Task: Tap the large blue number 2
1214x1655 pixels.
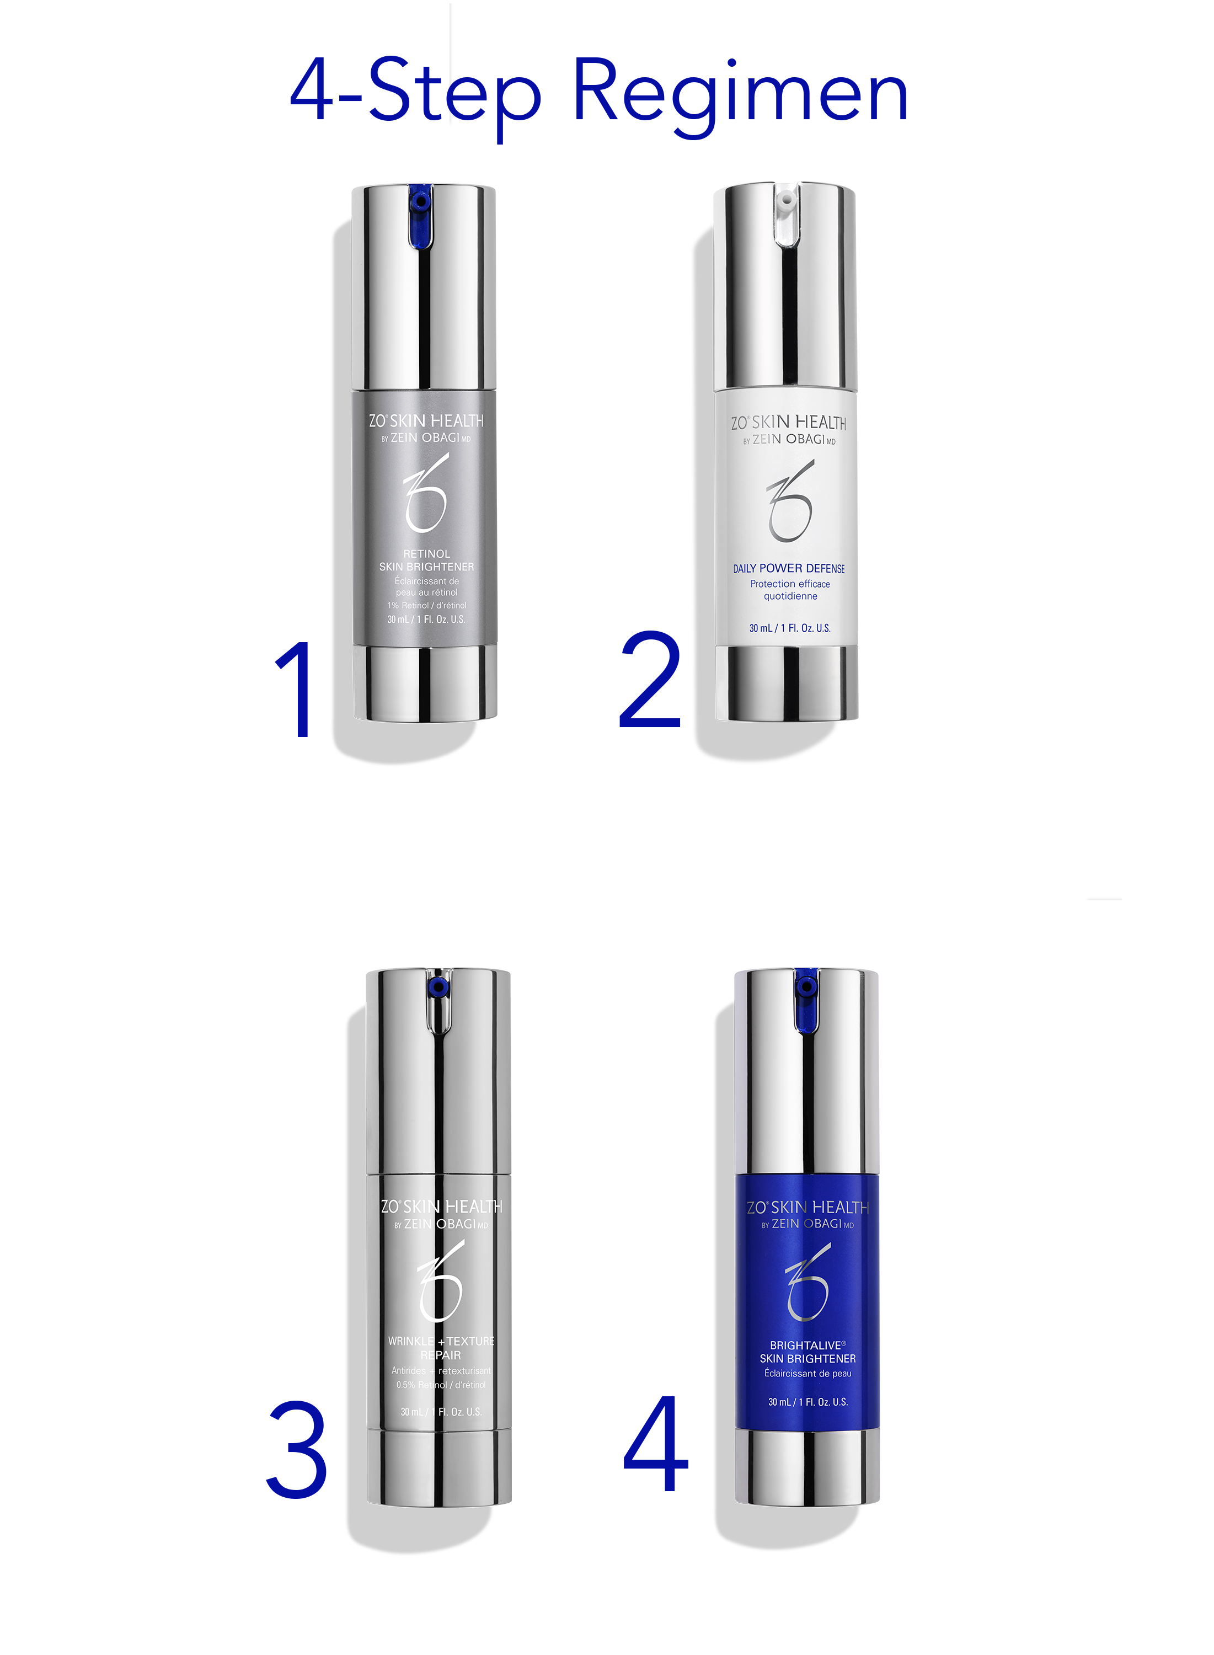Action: click(650, 680)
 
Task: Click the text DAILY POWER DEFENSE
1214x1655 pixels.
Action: click(789, 569)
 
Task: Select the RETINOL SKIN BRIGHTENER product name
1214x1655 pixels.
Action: click(426, 560)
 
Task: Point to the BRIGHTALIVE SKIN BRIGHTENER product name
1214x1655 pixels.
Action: click(807, 1352)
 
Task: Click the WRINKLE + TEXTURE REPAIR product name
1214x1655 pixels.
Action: click(441, 1348)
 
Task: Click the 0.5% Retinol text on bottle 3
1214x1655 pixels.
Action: click(441, 1385)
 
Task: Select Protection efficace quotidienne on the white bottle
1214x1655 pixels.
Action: click(790, 589)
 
